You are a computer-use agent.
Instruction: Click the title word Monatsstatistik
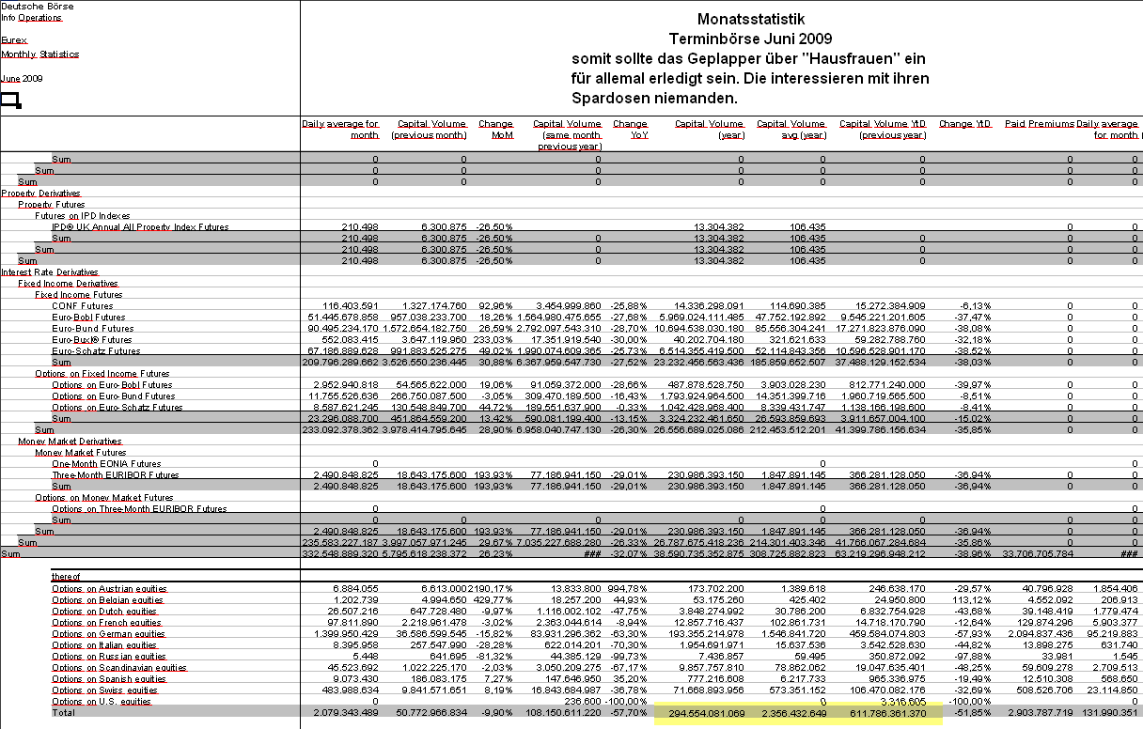pos(751,19)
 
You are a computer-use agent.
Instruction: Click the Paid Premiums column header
pos(1039,123)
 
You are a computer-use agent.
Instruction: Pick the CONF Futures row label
pos(82,305)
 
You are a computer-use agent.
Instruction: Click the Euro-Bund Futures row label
pos(93,328)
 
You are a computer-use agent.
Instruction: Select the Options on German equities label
pos(108,633)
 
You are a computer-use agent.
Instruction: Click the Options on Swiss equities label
pos(105,690)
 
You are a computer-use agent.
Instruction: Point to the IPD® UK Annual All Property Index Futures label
pos(140,226)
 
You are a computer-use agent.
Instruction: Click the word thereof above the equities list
pos(66,577)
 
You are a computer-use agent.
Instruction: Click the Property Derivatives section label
pos(40,193)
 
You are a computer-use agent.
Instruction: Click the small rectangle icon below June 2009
pos(10,100)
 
